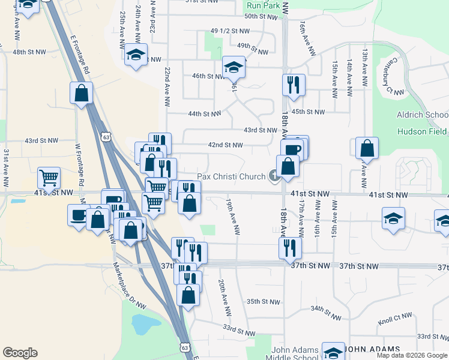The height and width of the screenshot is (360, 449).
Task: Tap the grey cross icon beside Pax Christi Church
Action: (274, 176)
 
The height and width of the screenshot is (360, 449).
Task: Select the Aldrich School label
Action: (422, 115)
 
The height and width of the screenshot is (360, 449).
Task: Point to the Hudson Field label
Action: (421, 131)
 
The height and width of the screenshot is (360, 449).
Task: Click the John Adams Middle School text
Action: (295, 354)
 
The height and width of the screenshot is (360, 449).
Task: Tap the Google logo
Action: (20, 353)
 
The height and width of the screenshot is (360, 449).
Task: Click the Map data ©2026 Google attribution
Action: (411, 355)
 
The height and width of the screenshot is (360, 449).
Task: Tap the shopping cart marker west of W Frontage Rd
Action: (49, 178)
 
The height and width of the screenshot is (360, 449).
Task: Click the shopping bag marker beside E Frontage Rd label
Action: (81, 93)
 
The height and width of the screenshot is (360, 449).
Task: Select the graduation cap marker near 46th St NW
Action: (234, 67)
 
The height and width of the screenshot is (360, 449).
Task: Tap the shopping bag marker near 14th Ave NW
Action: (366, 148)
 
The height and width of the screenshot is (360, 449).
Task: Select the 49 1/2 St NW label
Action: (230, 31)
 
